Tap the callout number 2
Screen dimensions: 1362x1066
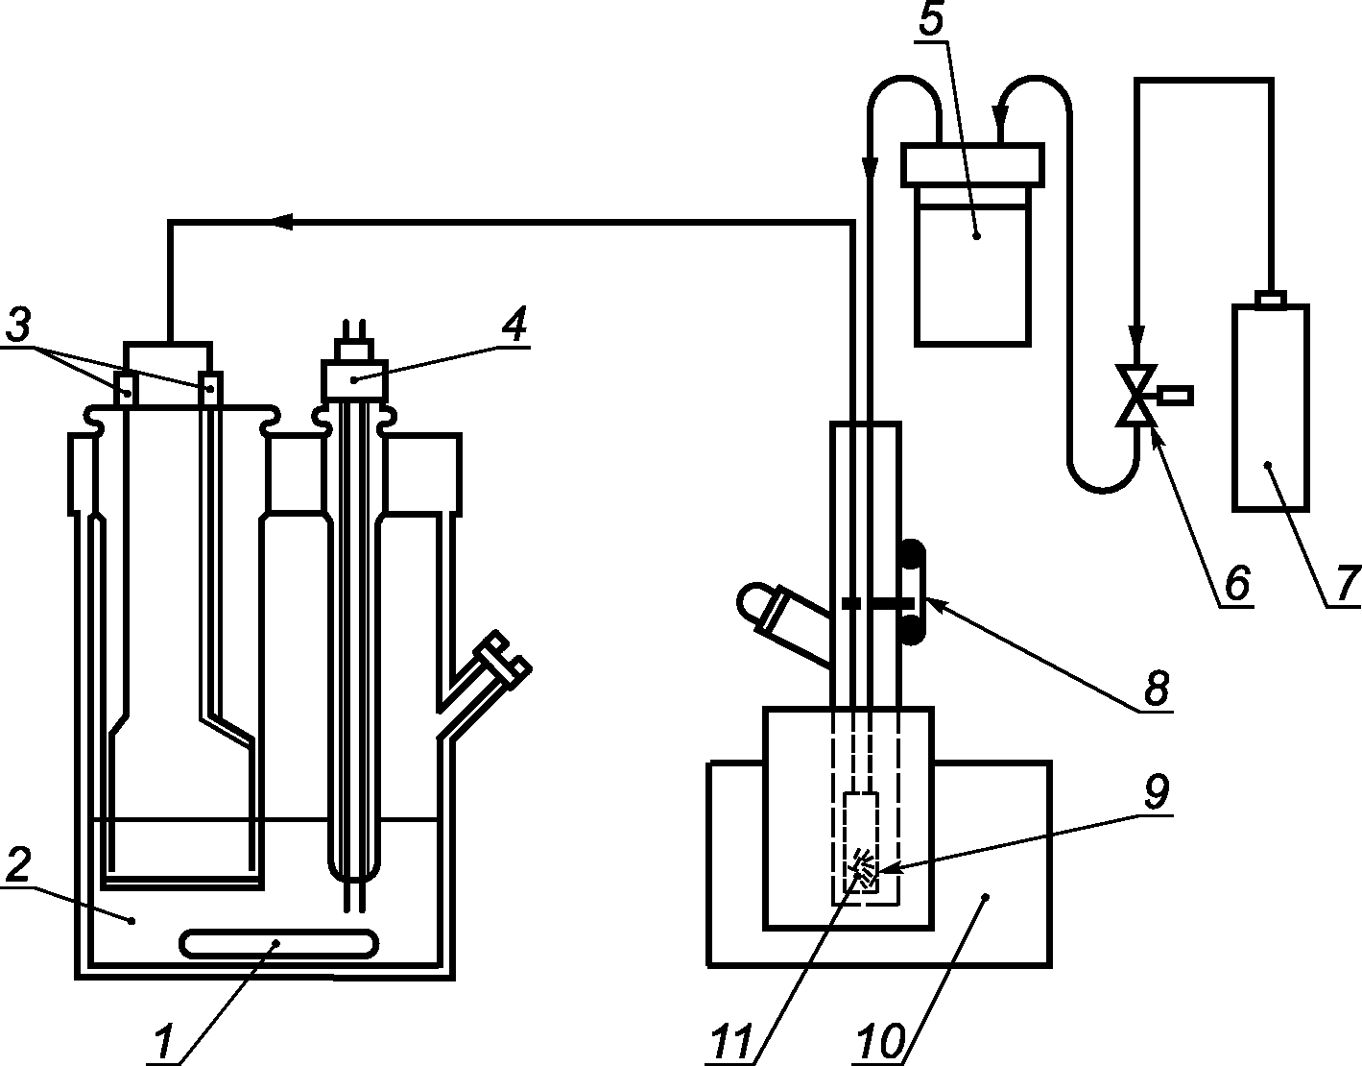pos(17,864)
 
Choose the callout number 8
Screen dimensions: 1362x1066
pos(1156,688)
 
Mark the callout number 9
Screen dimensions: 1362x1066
pos(1156,791)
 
